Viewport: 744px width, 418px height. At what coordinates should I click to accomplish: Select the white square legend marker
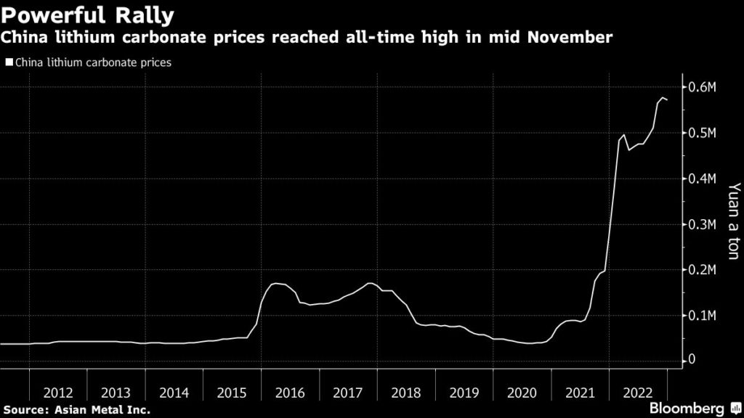(9, 63)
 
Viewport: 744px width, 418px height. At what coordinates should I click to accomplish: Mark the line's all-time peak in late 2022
(662, 98)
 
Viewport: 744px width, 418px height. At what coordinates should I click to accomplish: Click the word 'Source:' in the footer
(27, 411)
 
